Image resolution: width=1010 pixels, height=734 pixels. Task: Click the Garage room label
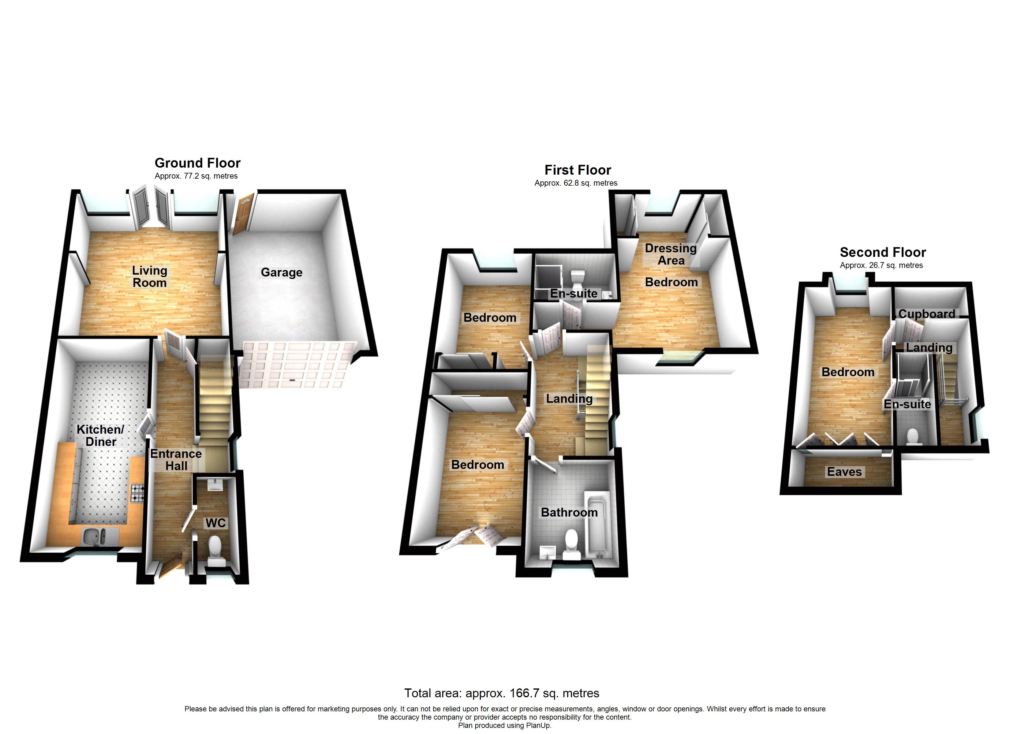click(282, 272)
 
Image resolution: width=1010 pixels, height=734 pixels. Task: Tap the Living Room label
click(150, 276)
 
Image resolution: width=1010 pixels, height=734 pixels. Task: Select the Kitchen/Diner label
click(101, 435)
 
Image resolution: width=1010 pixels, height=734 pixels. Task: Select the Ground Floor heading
click(197, 163)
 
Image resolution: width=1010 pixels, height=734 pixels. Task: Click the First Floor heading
click(578, 170)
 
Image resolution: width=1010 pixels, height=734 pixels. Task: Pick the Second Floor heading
click(883, 252)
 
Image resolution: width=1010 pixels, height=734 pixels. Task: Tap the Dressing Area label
click(671, 254)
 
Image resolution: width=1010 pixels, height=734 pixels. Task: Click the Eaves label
click(844, 472)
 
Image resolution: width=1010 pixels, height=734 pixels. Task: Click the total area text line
click(501, 693)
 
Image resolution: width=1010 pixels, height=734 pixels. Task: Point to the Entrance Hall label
click(176, 460)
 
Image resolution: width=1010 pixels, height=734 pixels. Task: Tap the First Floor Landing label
click(569, 399)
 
